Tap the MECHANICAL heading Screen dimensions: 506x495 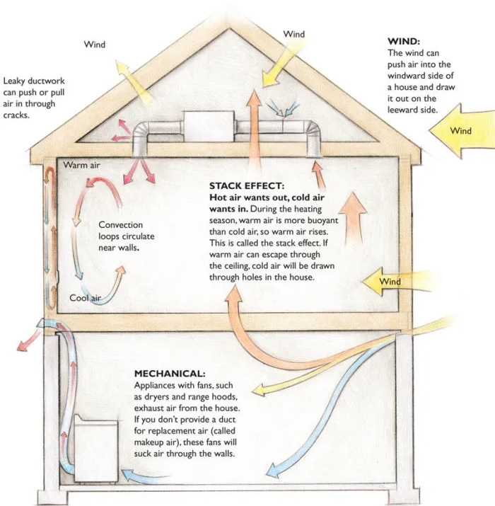(169, 373)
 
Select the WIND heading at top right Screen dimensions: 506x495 (404, 42)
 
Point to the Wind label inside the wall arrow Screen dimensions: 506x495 (390, 282)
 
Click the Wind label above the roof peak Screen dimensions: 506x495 (293, 34)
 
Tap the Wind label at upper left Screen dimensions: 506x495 (95, 45)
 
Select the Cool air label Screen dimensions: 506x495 (83, 298)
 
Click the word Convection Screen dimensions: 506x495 (120, 225)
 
